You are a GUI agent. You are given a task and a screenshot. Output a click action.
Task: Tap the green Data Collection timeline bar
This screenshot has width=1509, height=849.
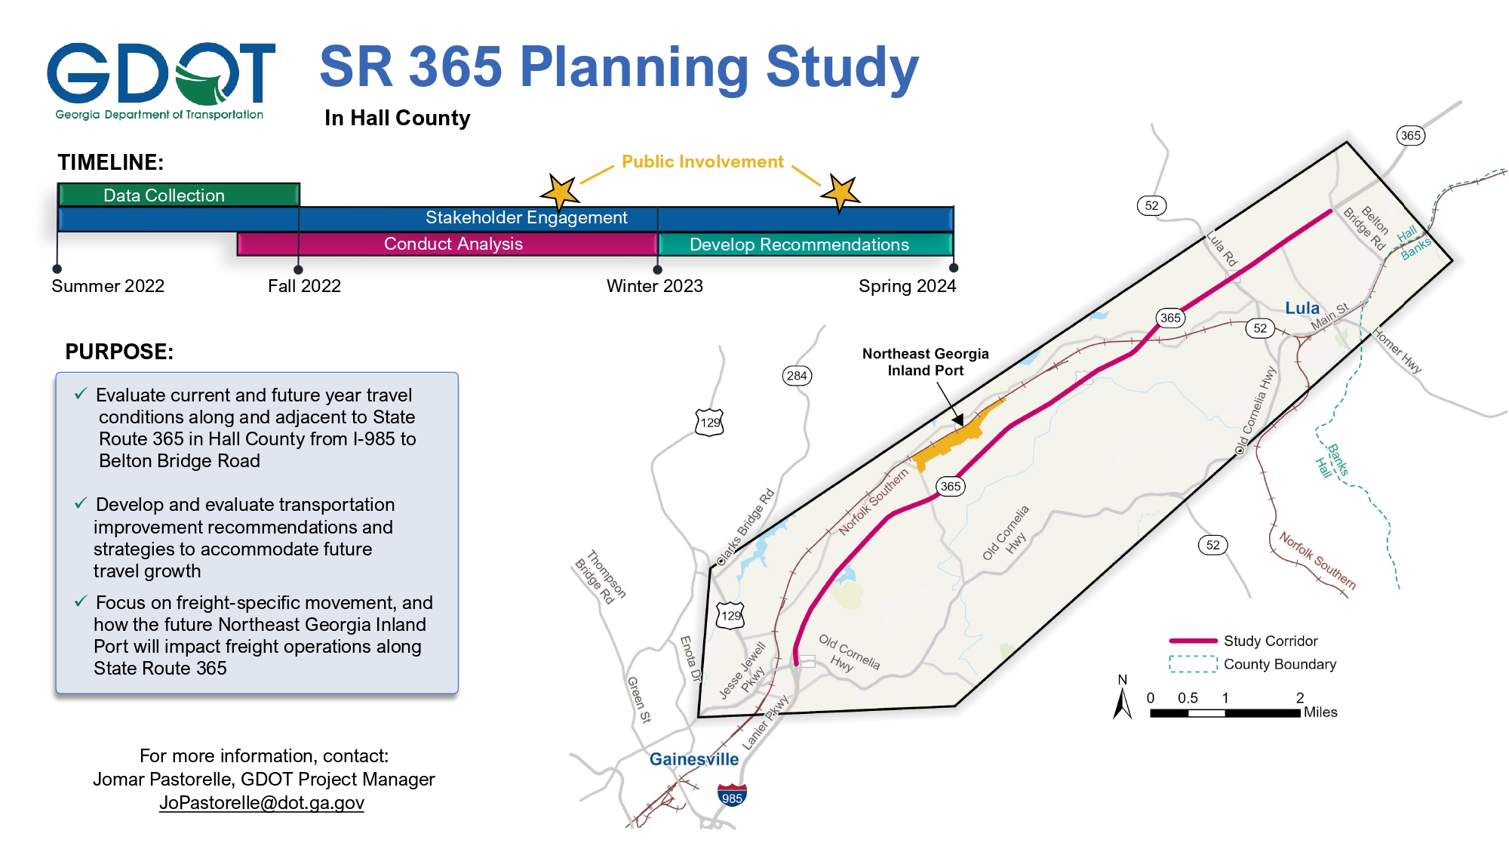179,195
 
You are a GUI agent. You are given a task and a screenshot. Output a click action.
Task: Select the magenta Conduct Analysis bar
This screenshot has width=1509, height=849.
453,244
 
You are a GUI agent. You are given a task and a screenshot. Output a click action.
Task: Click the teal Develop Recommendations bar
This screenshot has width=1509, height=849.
804,245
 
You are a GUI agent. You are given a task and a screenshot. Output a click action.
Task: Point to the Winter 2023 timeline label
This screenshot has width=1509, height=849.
654,286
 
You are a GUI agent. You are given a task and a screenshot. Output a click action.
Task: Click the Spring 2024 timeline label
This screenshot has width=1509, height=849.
907,286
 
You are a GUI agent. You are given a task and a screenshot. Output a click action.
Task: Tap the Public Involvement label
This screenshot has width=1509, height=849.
702,161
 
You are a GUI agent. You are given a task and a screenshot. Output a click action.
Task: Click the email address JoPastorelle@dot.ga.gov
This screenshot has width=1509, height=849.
262,802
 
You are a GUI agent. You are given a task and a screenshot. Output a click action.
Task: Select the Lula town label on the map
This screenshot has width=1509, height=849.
1302,308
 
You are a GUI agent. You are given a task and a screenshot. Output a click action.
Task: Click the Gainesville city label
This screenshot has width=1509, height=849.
693,759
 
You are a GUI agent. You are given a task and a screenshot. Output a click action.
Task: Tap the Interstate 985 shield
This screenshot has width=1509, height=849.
731,796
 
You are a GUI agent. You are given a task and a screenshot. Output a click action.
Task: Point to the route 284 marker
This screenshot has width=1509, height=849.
797,376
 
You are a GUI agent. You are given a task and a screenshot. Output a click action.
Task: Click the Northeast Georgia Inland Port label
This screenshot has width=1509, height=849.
925,362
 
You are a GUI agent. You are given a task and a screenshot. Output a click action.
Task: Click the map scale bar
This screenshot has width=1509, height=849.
1225,712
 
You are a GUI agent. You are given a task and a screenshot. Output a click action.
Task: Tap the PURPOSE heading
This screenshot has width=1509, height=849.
119,352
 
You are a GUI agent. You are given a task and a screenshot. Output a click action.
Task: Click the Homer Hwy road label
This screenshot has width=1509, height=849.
1397,350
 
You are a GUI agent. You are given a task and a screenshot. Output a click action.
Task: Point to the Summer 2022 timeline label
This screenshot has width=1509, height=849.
108,286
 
